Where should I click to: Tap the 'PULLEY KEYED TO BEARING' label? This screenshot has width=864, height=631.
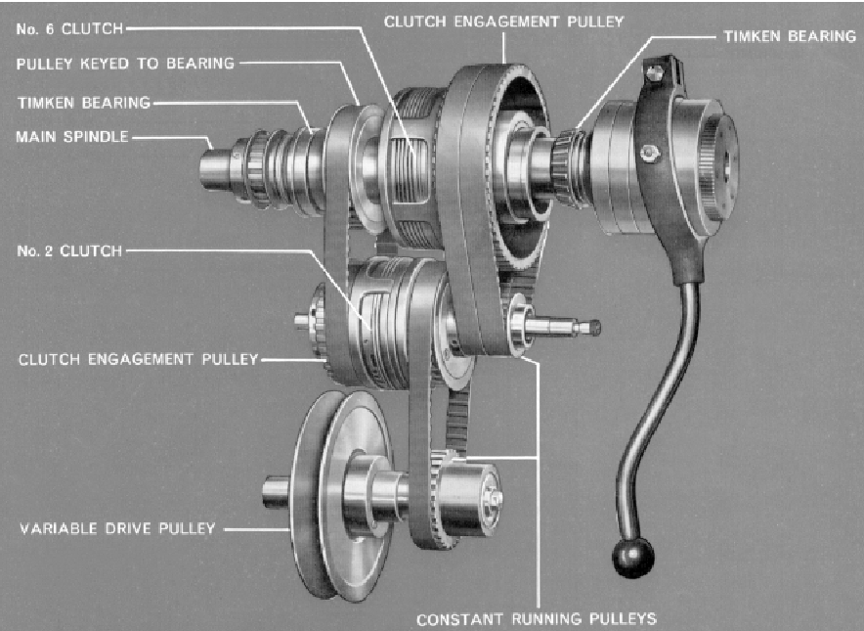point(126,64)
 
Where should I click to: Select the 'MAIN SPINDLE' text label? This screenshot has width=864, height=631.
point(71,136)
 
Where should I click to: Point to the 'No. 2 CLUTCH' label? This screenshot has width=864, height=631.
point(68,250)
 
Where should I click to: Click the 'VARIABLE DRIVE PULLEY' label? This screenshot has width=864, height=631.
point(116,529)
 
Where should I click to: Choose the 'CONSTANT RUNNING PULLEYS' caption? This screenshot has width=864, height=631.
point(536,618)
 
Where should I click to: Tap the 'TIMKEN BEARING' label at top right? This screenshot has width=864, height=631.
point(789,35)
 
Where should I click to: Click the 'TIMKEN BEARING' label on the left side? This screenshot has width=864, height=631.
point(83,101)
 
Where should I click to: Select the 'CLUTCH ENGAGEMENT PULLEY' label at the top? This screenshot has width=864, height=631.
point(503,21)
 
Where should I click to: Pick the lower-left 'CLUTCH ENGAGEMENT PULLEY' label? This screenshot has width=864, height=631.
point(138,359)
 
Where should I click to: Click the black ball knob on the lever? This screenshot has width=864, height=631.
point(632,555)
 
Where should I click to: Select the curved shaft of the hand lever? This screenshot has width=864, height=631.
point(674,391)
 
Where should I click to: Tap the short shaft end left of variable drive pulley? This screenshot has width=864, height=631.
point(275,489)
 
